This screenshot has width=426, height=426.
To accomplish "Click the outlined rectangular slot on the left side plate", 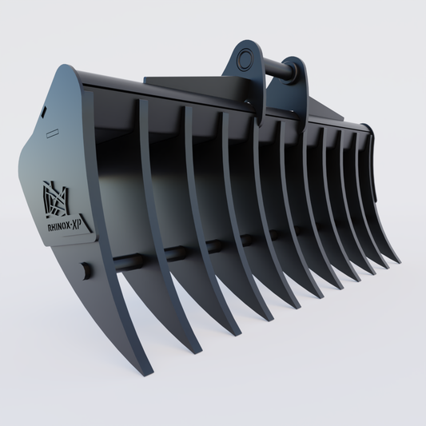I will tap(52, 132).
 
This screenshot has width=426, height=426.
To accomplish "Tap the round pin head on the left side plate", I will tap(82, 268).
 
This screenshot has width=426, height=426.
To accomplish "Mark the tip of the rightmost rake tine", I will tap(396, 261).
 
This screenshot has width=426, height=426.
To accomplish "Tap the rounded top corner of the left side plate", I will tap(64, 71).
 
